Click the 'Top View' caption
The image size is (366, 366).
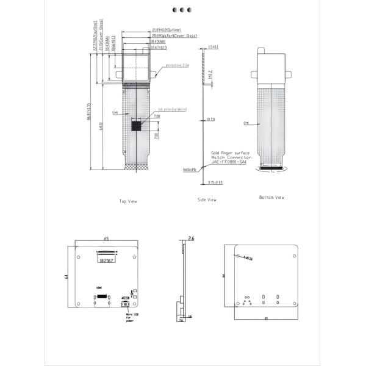click(129, 201)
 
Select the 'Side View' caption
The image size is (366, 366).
click(207, 199)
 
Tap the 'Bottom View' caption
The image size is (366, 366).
click(271, 197)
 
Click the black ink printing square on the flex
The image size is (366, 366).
click(137, 126)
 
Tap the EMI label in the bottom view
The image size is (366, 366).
click(246, 123)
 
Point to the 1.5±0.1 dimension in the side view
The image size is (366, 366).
click(213, 46)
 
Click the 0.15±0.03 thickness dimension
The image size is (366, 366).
click(215, 182)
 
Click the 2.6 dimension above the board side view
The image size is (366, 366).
click(190, 239)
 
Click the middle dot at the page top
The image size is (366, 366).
click(182, 10)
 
